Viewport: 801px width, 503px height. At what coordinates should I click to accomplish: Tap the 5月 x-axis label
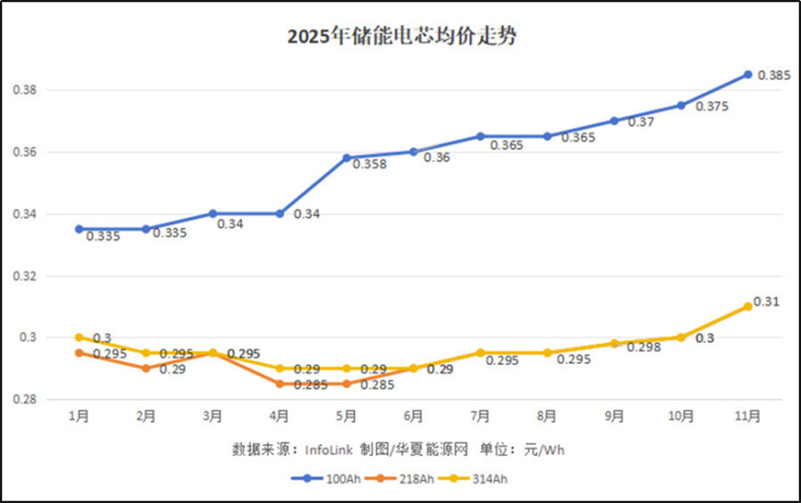pos(346,416)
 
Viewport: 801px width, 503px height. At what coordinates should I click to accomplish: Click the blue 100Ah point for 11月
pos(748,75)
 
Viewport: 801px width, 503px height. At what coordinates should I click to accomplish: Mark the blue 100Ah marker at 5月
pos(346,158)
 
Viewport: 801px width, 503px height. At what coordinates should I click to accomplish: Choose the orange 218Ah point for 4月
pos(279,384)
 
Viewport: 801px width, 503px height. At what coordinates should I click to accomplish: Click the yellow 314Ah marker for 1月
pos(79,337)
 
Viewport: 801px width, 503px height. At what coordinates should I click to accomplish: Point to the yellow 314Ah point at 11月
pos(748,306)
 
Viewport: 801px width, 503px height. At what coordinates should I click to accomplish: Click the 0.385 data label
pos(773,76)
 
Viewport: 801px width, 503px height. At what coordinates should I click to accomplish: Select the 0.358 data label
pos(369,165)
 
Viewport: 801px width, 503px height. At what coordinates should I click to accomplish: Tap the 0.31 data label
pos(766,302)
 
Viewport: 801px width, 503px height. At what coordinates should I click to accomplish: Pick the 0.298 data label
pos(643,347)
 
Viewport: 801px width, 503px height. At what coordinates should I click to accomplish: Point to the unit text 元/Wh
pos(546,450)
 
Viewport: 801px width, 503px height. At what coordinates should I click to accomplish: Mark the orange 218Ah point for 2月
pos(146,369)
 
